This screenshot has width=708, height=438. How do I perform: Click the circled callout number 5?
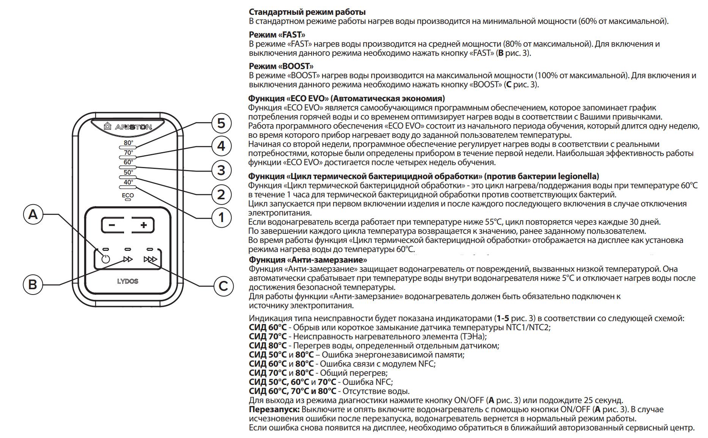(x=221, y=123)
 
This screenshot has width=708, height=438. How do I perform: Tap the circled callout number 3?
(x=221, y=170)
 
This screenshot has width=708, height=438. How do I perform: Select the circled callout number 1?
(x=221, y=217)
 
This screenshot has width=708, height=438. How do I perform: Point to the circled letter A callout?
(x=33, y=214)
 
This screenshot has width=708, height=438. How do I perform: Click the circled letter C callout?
(x=223, y=286)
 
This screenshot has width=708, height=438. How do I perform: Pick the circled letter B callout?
(x=33, y=284)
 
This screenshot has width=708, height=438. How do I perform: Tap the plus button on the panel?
(x=143, y=225)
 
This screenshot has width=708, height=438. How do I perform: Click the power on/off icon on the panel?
(x=105, y=259)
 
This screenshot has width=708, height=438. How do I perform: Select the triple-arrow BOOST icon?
(x=150, y=259)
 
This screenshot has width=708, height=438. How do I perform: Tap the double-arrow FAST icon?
(x=128, y=259)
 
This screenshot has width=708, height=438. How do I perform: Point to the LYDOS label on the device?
(x=128, y=281)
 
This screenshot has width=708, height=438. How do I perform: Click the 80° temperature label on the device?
(x=128, y=143)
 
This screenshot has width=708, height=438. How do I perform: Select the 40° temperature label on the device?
(x=128, y=182)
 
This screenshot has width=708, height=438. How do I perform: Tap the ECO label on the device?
(x=128, y=195)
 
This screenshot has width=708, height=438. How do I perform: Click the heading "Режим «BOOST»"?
(x=281, y=66)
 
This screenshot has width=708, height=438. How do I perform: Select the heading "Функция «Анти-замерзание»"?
(x=308, y=260)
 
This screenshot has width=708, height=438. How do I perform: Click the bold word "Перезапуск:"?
(x=274, y=409)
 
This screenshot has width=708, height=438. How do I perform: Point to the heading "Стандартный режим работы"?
(x=307, y=12)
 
